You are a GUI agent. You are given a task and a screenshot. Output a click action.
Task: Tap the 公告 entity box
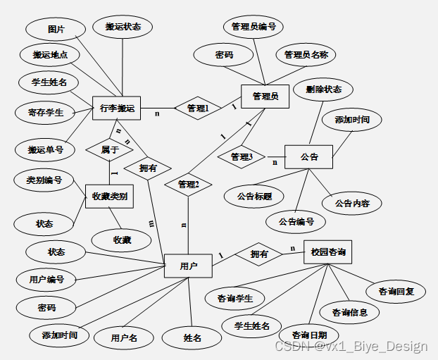coord(308,156)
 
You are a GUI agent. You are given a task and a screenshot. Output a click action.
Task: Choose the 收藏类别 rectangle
coord(109,197)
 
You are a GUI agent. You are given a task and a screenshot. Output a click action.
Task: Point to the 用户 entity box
coord(188,266)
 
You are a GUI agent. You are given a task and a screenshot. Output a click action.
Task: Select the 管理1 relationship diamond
coord(198,108)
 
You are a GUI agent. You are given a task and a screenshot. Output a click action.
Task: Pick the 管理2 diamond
coord(189,185)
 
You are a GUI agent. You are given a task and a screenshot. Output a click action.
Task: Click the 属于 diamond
coord(109,149)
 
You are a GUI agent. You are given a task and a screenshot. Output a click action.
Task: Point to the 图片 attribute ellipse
coord(56,30)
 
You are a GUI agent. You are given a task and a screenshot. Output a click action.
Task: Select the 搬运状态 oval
coord(123,27)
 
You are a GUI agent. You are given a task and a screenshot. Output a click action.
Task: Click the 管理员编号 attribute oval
coord(253,27)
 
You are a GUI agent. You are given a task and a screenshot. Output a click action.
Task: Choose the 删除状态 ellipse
coord(324,89)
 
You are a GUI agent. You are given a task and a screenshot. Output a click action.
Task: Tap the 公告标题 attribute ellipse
coord(254,196)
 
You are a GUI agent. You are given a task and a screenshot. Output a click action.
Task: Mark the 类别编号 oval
coord(39,180)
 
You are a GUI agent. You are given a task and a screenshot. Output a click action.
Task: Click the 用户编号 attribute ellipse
coord(47,279)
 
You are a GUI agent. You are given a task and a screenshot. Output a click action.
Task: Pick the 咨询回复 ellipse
coord(396,290)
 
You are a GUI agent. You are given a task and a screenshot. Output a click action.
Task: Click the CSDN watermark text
coord(350,347)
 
